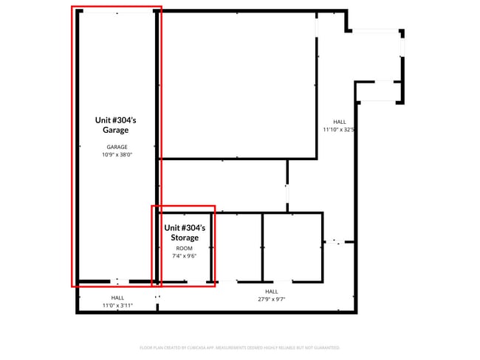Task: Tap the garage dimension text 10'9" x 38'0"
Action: pyautogui.click(x=116, y=155)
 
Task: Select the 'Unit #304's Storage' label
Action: pyautogui.click(x=185, y=233)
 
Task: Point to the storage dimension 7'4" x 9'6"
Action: pyautogui.click(x=185, y=256)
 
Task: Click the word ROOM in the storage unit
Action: pyautogui.click(x=185, y=249)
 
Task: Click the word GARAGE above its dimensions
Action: pyautogui.click(x=116, y=147)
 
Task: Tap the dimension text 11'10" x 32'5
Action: pyautogui.click(x=339, y=129)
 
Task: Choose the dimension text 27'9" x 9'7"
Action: pyautogui.click(x=271, y=299)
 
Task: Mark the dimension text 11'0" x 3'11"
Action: pyautogui.click(x=117, y=305)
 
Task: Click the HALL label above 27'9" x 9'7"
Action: pyautogui.click(x=271, y=291)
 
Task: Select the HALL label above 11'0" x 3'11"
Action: pyautogui.click(x=117, y=297)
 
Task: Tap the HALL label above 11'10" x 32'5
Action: pyautogui.click(x=339, y=122)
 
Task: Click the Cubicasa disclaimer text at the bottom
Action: pyautogui.click(x=239, y=347)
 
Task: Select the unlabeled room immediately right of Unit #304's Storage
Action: pyautogui.click(x=239, y=247)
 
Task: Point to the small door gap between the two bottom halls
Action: pyautogui.click(x=157, y=298)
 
